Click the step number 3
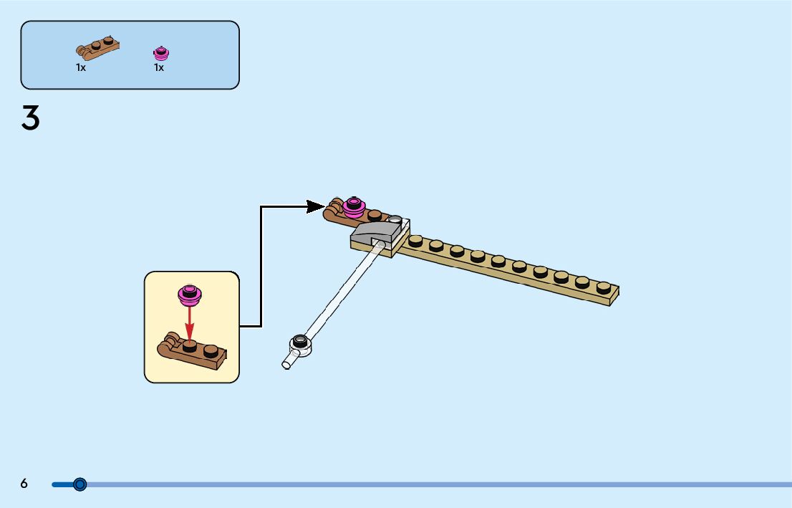pyautogui.click(x=30, y=118)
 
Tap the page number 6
pyautogui.click(x=24, y=484)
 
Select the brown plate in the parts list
pyautogui.click(x=97, y=48)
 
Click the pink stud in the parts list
pyautogui.click(x=161, y=53)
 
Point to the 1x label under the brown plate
pyautogui.click(x=81, y=67)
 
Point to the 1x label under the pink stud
pyautogui.click(x=159, y=67)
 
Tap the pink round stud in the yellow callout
pyautogui.click(x=190, y=293)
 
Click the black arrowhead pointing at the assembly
pyautogui.click(x=315, y=206)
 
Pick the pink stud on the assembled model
pyautogui.click(x=352, y=206)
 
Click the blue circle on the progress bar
pyautogui.click(x=80, y=484)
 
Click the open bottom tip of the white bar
pyautogui.click(x=286, y=365)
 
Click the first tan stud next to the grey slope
pyautogui.click(x=415, y=241)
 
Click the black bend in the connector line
pyautogui.click(x=261, y=207)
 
